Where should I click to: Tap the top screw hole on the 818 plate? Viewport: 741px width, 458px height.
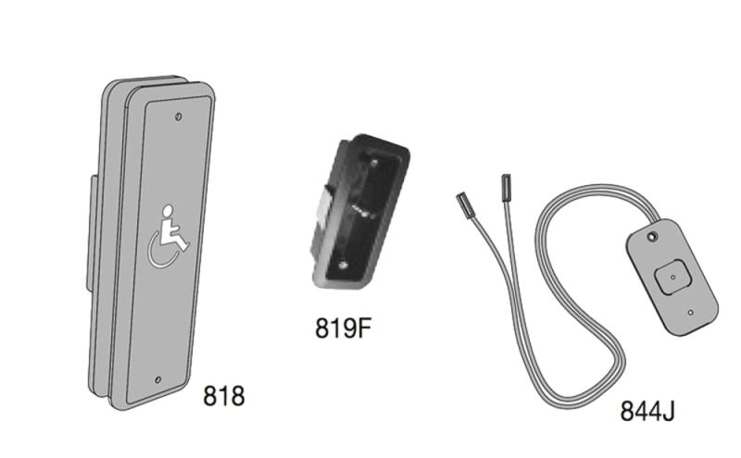179,118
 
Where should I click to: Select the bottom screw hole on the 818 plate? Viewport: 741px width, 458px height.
157,379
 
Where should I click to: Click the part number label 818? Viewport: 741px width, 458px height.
224,397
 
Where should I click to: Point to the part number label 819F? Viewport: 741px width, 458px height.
347,328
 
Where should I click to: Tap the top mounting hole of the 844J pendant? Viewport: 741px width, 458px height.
653,239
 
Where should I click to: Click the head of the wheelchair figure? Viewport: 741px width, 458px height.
169,210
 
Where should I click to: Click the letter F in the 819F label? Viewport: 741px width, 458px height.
370,328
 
